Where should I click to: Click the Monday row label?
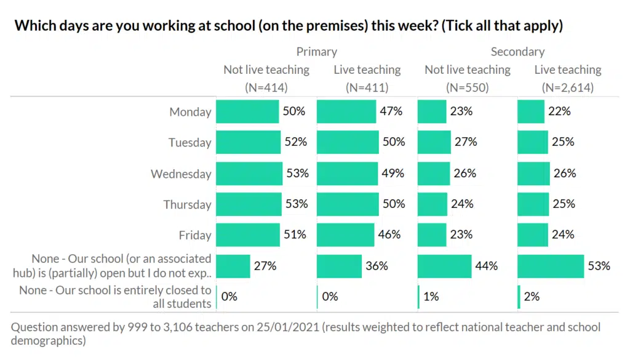tap(190, 112)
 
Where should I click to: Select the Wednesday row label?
tap(181, 174)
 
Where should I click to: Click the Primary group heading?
tap(316, 52)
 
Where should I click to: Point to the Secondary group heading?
tap(517, 52)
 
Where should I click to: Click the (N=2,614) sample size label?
tap(567, 87)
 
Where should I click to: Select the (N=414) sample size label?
tap(266, 87)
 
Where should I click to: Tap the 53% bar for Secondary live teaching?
tap(551, 266)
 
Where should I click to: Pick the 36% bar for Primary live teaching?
tap(339, 266)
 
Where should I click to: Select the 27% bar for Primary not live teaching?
tap(233, 266)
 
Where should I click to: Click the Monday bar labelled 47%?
tap(346, 111)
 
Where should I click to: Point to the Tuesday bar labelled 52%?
tap(248, 142)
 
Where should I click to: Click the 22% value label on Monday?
tap(560, 111)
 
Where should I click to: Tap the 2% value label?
tap(532, 297)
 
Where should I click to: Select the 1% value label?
tap(431, 297)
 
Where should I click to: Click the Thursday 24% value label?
tap(461, 204)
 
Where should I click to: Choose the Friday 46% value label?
tap(389, 234)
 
